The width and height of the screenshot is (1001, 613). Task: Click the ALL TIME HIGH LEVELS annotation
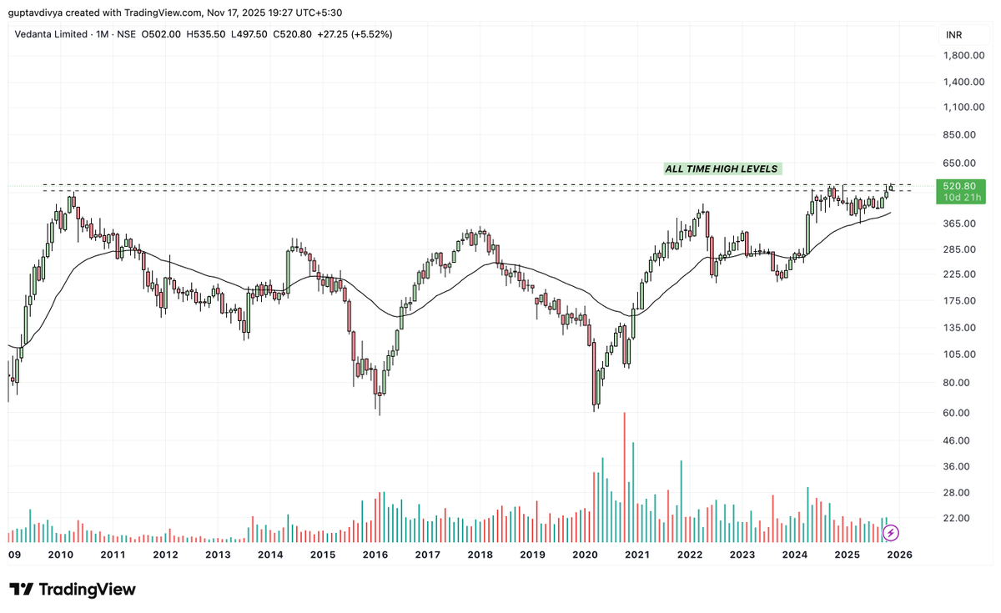(721, 168)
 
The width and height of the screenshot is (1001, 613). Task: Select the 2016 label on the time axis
(375, 555)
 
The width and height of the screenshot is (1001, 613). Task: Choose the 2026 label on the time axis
(899, 555)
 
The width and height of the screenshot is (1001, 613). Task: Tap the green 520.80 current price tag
(961, 186)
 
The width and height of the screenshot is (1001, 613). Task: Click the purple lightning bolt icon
(891, 532)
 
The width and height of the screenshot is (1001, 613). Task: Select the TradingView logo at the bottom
(73, 589)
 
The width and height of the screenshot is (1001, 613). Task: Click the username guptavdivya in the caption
(38, 13)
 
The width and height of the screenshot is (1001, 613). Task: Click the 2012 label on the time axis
(165, 555)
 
